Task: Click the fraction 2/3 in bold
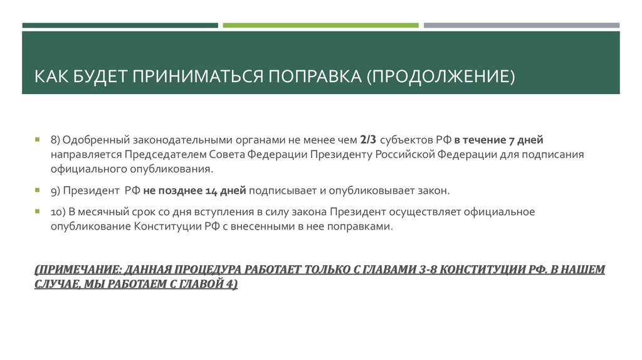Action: [369, 139]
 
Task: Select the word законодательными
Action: [182, 139]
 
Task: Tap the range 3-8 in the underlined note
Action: [426, 270]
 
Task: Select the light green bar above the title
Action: [320, 25]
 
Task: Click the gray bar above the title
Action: [521, 25]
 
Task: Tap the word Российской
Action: [404, 154]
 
